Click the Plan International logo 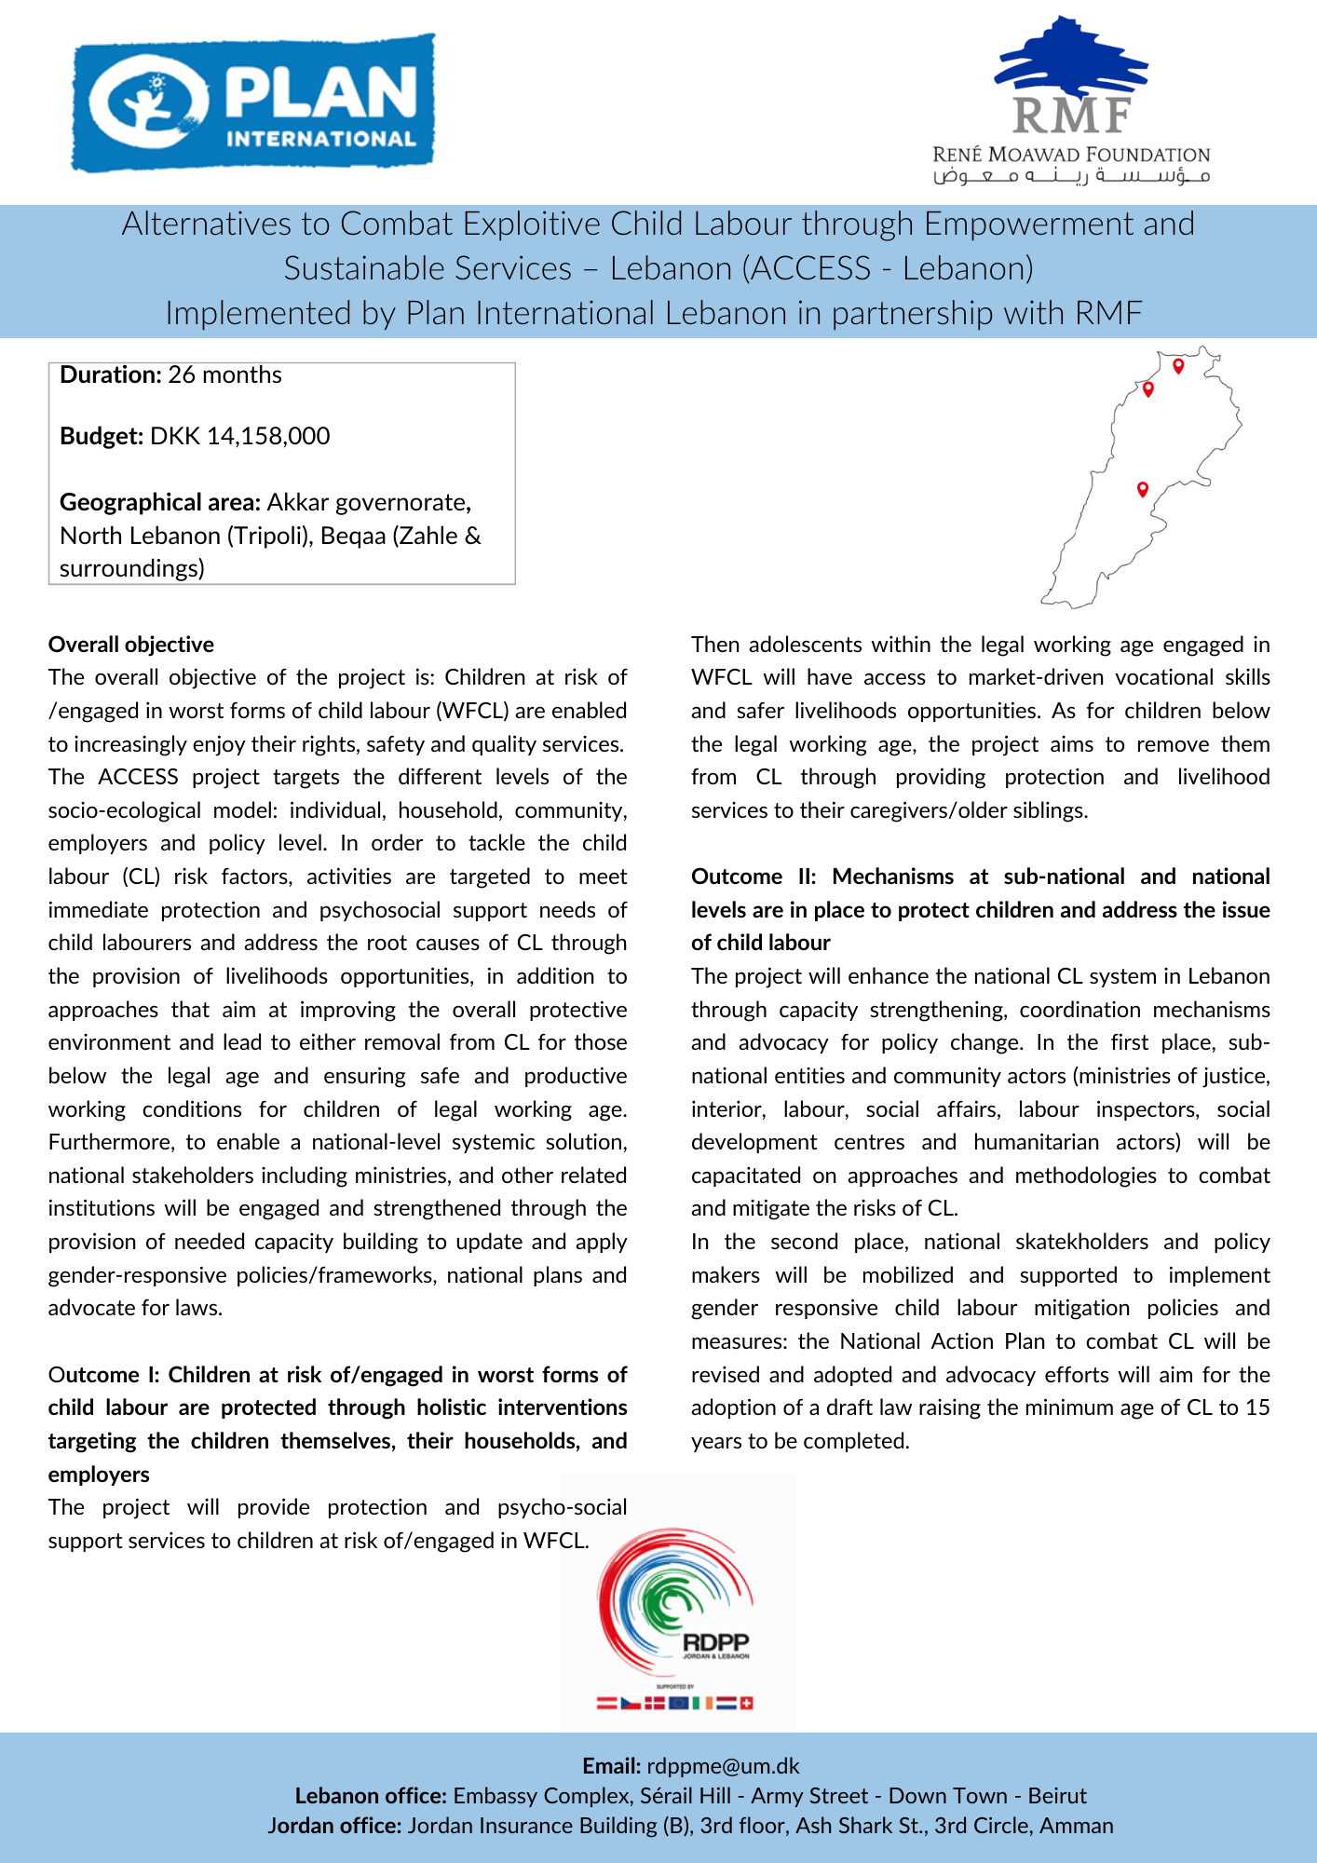[253, 103]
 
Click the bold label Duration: [111, 374]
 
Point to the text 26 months [224, 374]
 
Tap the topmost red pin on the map [1178, 365]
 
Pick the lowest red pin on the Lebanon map [1143, 489]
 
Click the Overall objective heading [131, 645]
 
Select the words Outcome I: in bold [105, 1375]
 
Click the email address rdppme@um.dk [723, 1766]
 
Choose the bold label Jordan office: [334, 1826]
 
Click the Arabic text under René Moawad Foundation [1071, 176]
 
